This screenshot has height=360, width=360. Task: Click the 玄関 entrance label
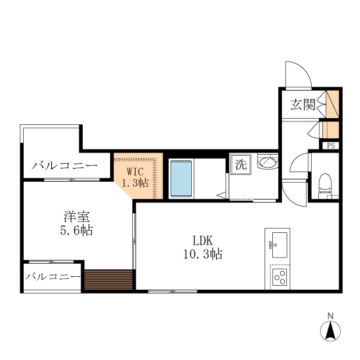tap(302, 105)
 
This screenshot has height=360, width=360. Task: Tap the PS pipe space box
tap(331, 146)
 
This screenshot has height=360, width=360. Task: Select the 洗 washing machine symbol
tap(240, 165)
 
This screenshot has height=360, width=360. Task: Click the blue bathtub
tap(181, 178)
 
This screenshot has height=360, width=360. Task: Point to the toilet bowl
tap(325, 183)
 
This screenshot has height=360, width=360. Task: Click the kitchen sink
tap(277, 242)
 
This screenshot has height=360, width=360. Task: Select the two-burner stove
tap(280, 276)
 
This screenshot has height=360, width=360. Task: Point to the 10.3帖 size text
tap(202, 254)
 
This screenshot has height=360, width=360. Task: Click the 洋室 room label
tap(76, 216)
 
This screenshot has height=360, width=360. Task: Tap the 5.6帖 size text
tap(76, 230)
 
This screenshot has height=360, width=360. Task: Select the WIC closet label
tap(136, 170)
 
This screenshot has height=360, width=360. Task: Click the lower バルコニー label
tap(53, 277)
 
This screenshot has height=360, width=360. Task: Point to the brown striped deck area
tap(108, 278)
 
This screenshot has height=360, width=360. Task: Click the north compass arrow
tap(331, 331)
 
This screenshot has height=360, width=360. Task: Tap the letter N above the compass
tap(331, 315)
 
